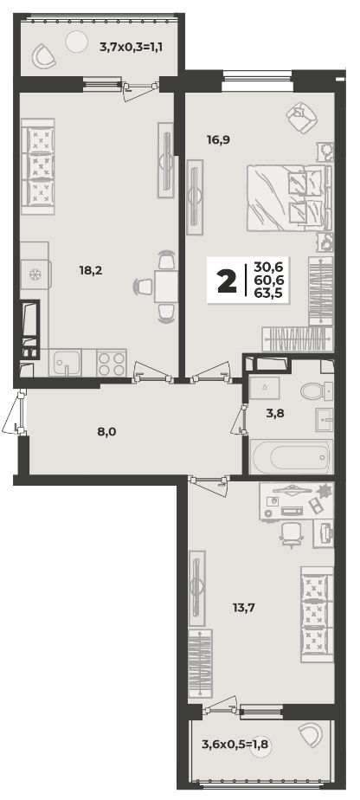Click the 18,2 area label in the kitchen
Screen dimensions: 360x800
pos(91,270)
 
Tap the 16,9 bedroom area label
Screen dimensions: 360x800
pos(219,139)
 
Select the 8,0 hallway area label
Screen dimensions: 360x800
pos(106,432)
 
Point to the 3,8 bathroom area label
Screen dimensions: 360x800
pos(275,413)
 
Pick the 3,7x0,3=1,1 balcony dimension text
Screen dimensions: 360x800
pos(134,48)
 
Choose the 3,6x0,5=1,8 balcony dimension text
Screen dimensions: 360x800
pos(235,745)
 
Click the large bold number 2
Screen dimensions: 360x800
pos(227,281)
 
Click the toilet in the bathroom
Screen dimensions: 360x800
pos(316,391)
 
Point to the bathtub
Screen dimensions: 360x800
pos(291,456)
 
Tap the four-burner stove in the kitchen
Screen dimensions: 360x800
pos(111,364)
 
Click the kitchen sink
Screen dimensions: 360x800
pos(65,363)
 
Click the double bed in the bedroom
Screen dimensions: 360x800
pos(289,198)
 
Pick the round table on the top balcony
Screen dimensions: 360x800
pos(77,41)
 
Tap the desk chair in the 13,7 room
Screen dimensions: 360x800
pos(292,533)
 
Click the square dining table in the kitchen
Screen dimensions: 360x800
pos(166,287)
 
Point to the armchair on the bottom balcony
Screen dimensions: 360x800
pos(311,735)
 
